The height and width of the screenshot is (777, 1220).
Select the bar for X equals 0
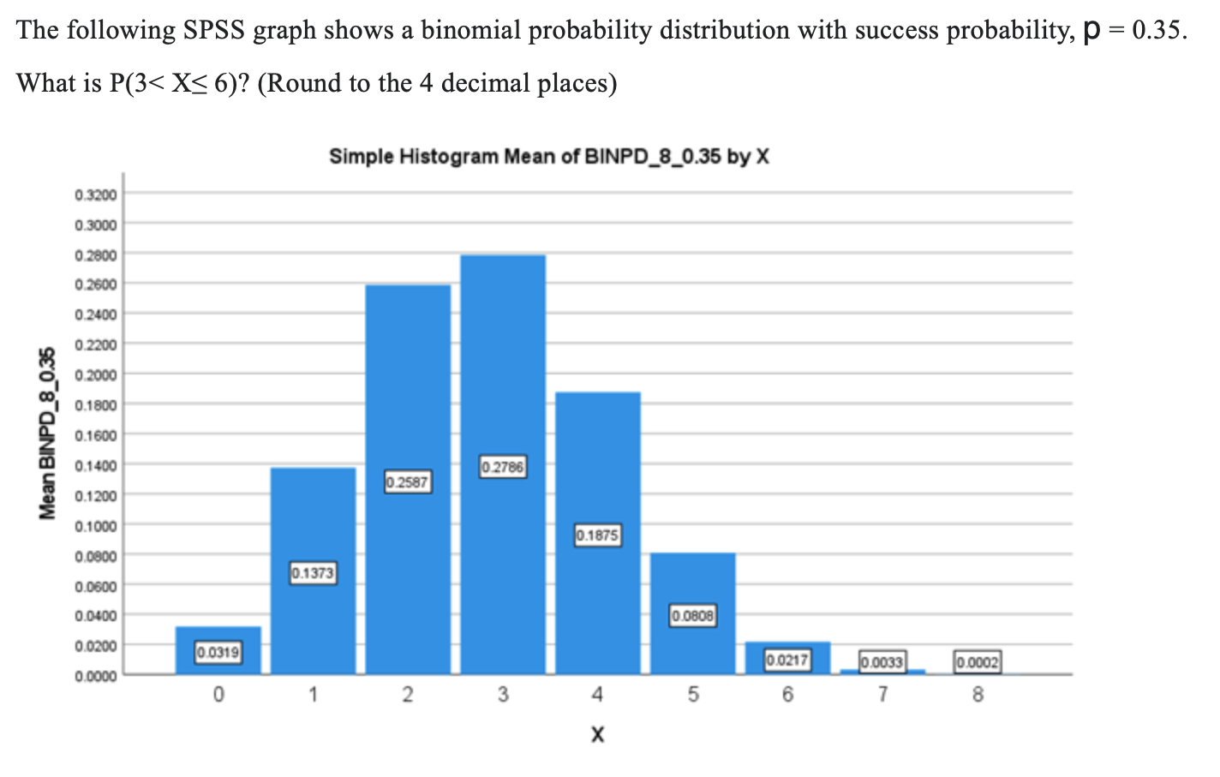(218, 638)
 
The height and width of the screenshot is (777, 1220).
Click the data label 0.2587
(408, 482)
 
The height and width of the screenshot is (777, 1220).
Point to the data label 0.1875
(597, 535)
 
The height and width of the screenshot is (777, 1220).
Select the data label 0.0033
(882, 661)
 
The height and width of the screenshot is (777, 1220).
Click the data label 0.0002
(978, 661)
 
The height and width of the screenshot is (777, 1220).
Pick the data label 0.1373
(313, 572)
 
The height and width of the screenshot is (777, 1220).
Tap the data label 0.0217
(786, 660)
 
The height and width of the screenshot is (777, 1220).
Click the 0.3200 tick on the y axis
(96, 194)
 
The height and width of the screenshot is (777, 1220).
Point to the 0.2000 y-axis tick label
(96, 374)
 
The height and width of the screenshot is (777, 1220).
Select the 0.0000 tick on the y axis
(96, 676)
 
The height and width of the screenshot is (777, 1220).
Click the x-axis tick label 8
(978, 695)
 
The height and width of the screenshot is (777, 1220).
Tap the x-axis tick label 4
(597, 695)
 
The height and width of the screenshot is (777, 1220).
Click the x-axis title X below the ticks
(597, 734)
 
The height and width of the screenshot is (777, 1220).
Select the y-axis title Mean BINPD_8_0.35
(49, 433)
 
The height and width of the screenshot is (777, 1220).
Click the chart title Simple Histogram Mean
(549, 157)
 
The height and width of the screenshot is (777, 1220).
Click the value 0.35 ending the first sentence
(1157, 31)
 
